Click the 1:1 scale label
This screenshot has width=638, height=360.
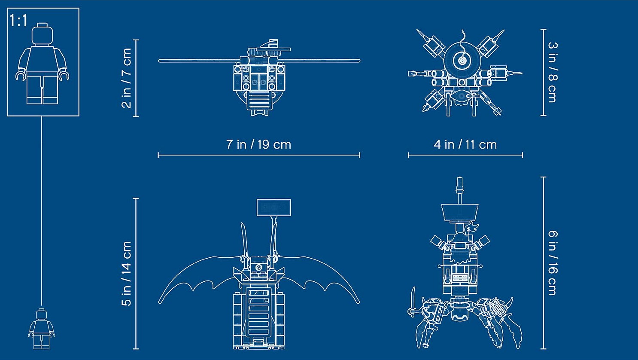[x=18, y=21]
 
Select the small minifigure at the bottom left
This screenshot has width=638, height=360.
[x=42, y=329]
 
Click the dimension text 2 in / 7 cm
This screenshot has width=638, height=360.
[x=127, y=78]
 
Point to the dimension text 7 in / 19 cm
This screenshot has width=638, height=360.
[x=258, y=144]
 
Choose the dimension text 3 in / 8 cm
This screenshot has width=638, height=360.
[x=553, y=72]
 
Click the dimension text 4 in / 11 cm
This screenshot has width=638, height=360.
[x=465, y=144]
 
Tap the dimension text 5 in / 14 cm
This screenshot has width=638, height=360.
[x=127, y=274]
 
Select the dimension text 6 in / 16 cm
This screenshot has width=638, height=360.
[x=553, y=263]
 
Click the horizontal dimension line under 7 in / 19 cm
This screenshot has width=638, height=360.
[x=259, y=156]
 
